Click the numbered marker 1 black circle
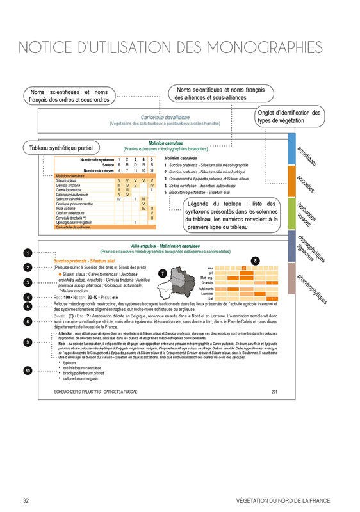27,253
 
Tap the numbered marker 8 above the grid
256,260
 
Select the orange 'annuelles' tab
305,186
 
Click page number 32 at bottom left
26,500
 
